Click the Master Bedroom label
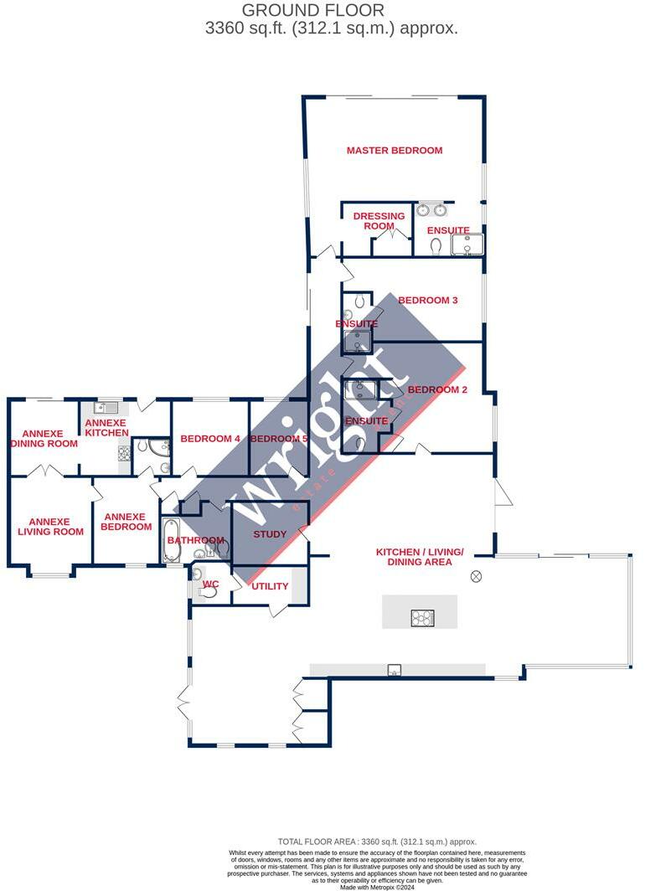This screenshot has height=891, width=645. tap(395, 151)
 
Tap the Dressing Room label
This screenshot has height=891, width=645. tap(379, 221)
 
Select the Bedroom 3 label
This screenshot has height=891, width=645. tap(427, 301)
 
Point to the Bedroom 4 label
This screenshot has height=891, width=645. tap(210, 439)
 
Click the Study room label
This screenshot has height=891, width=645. tap(270, 534)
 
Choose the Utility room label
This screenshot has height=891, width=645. tap(270, 587)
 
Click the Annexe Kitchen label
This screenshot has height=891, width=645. tap(106, 428)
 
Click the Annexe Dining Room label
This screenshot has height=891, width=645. tap(44, 438)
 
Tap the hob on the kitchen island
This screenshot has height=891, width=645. tap(422, 618)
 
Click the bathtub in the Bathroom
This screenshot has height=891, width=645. tap(171, 539)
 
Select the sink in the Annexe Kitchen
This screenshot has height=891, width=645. tap(105, 409)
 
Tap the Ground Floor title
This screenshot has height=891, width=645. tap(313, 11)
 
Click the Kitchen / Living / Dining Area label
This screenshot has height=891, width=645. tap(419, 557)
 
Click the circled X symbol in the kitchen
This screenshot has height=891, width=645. tap(477, 575)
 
